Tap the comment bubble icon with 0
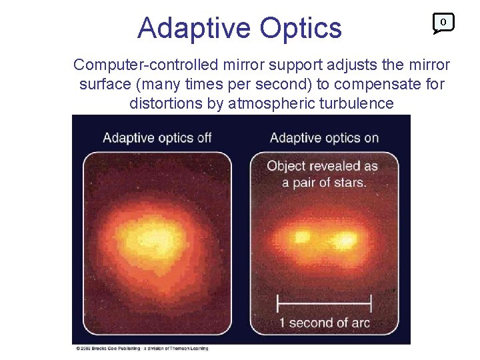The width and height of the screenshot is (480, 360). [x=443, y=23]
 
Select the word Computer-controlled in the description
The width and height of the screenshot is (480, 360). [x=138, y=65]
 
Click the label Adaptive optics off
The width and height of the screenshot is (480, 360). [x=157, y=138]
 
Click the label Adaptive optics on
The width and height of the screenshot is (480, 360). [x=324, y=138]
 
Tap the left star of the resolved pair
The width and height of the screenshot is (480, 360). [x=302, y=237]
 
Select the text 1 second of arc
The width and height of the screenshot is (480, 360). [x=324, y=323]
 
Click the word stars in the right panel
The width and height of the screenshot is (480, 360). [x=347, y=181]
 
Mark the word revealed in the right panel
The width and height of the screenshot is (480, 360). [x=335, y=166]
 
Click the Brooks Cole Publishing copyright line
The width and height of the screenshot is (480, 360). [x=141, y=348]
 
